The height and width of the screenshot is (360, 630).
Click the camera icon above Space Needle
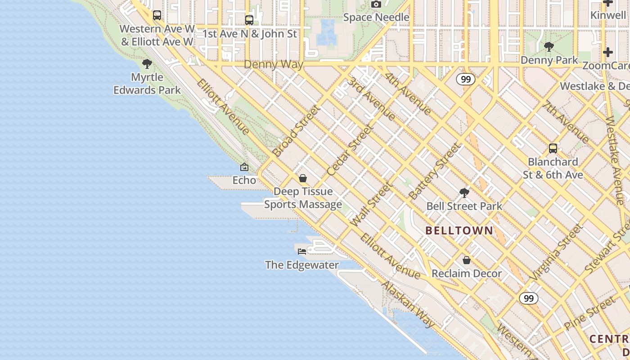[376, 4]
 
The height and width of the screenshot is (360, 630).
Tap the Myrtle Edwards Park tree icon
[147, 64]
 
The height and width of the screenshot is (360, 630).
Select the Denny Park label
[549, 60]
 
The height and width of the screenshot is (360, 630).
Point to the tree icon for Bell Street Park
[464, 193]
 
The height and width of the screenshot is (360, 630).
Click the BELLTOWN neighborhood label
[459, 231]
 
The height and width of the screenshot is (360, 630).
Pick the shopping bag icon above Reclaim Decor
[467, 261]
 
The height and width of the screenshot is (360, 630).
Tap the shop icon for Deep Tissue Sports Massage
[303, 178]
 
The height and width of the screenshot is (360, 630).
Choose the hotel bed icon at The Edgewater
[302, 251]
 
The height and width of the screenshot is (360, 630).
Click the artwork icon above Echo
[244, 167]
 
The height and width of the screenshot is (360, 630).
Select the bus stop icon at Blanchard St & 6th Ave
[553, 148]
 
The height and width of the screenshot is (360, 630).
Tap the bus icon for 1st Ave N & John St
[249, 20]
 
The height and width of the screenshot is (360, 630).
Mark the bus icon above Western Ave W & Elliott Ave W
[157, 15]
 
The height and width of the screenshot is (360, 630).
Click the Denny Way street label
[274, 64]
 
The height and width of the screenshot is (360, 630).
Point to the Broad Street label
[297, 131]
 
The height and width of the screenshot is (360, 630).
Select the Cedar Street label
[351, 150]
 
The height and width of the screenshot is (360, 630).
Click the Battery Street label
[435, 171]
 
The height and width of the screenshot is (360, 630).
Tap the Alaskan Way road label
[408, 305]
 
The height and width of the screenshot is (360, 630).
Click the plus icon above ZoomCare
[607, 52]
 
